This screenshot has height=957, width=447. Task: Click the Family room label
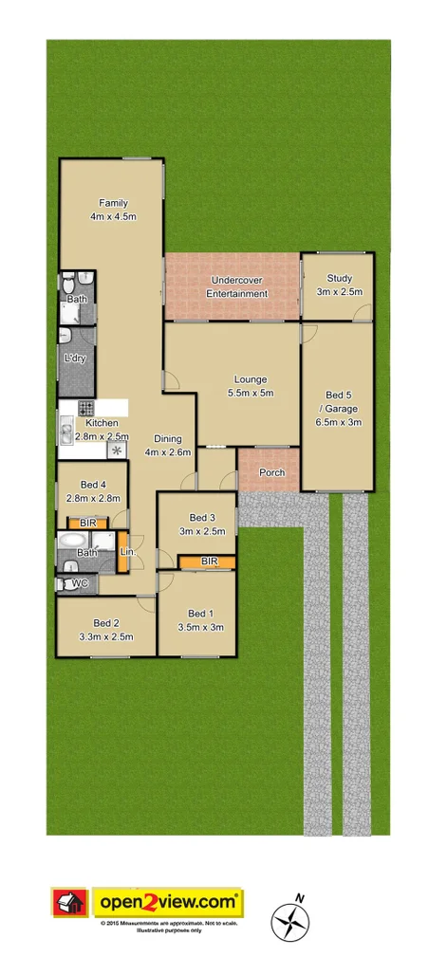(113, 210)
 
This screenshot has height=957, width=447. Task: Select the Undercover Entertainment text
(237, 286)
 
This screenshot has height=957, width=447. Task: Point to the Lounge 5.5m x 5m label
(251, 386)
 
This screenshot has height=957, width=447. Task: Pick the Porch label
(271, 472)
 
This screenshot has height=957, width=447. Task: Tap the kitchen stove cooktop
(85, 410)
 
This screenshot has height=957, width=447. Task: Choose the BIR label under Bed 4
(86, 523)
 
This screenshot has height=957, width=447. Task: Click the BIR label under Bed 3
(211, 562)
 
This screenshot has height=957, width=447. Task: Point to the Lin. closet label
(126, 551)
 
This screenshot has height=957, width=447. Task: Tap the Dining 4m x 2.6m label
(166, 446)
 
